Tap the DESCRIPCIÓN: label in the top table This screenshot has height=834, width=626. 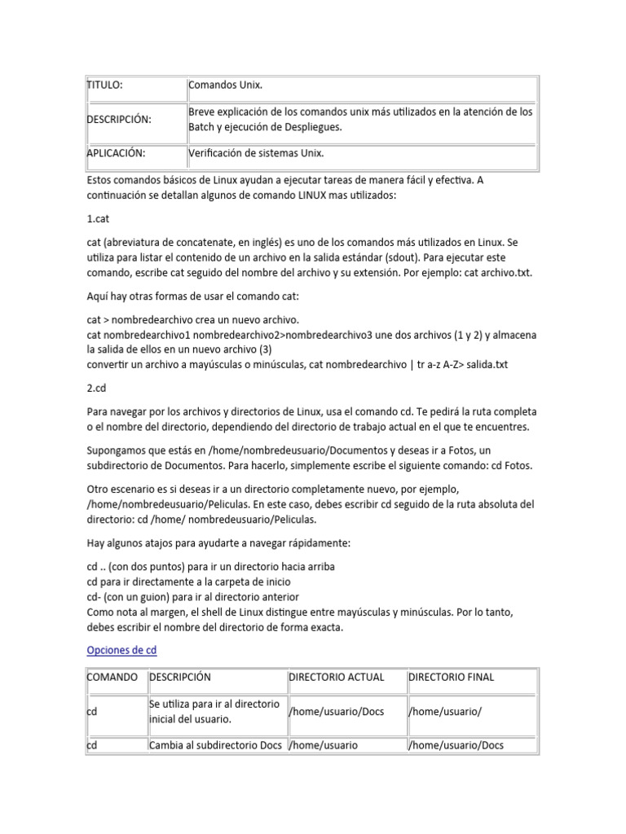click(119, 119)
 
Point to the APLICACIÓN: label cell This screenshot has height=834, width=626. click(115, 152)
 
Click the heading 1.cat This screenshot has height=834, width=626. click(97, 220)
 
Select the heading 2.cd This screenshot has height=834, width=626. click(96, 389)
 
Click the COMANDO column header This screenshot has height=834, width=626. click(112, 677)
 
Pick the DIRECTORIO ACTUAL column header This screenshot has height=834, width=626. click(337, 677)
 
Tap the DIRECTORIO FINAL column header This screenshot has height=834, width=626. click(451, 677)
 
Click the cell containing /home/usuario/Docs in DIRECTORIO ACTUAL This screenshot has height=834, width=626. click(336, 711)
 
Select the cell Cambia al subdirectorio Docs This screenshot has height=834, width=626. click(215, 745)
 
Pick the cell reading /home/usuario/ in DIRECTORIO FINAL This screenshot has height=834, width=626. click(444, 711)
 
